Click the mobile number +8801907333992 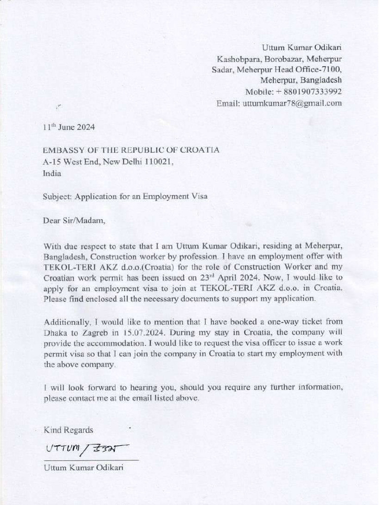(x=309, y=92)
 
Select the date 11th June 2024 (x=69, y=127)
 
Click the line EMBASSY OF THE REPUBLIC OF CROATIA (x=131, y=150)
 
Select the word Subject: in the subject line (x=58, y=196)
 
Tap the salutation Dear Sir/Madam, (x=74, y=220)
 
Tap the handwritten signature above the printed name (x=87, y=448)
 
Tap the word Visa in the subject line (x=198, y=196)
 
